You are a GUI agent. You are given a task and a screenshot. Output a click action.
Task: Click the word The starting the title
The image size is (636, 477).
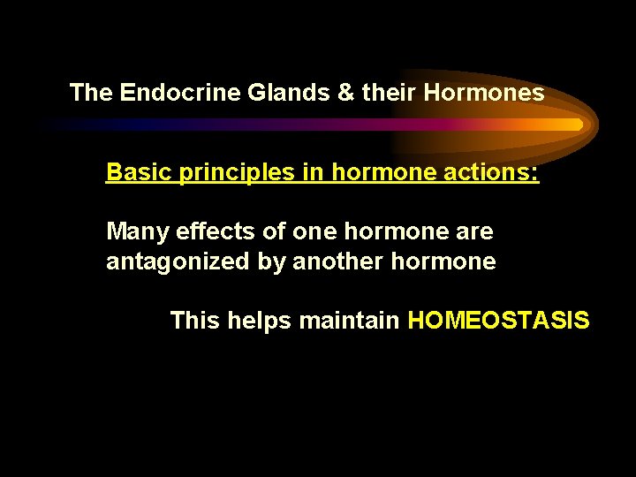click(91, 92)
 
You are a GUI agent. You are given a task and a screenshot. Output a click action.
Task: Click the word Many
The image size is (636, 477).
click(138, 232)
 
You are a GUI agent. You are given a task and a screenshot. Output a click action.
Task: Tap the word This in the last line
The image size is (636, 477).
click(195, 320)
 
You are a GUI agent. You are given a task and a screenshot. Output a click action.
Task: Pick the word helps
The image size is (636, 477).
click(260, 321)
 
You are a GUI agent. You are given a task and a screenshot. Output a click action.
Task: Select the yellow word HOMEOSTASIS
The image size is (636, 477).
click(498, 320)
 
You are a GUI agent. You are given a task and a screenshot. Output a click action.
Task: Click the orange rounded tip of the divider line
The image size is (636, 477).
click(576, 125)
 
